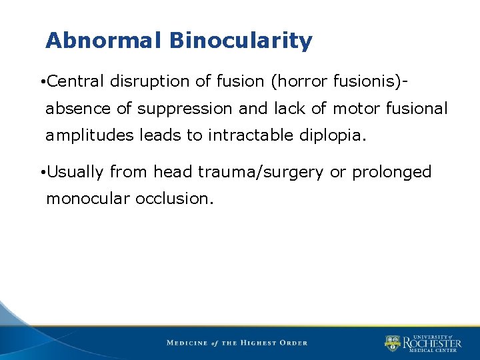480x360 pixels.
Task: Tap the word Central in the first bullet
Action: [76, 81]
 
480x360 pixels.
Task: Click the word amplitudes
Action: [89, 136]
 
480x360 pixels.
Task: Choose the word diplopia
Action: [333, 136]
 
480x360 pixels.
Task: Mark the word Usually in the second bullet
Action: [76, 172]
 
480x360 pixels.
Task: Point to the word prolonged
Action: [392, 172]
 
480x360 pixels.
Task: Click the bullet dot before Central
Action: [41, 82]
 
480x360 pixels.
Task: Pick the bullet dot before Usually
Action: [41, 173]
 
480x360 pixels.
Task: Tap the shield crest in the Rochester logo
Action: [392, 343]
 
